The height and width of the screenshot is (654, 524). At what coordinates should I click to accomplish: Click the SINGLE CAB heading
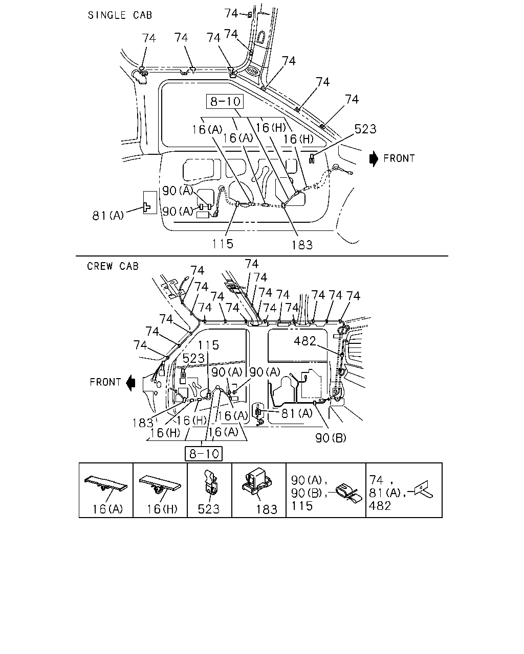click(x=120, y=15)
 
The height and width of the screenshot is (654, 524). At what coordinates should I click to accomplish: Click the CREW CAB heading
click(x=113, y=266)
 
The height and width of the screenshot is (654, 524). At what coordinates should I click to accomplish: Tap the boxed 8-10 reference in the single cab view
click(x=225, y=101)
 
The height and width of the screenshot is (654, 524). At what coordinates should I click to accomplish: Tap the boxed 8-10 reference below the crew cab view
click(x=204, y=454)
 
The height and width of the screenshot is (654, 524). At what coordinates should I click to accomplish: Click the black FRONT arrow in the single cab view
click(x=374, y=158)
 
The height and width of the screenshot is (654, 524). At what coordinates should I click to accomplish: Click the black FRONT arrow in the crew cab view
click(x=131, y=383)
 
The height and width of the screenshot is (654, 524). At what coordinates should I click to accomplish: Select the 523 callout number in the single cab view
click(x=365, y=129)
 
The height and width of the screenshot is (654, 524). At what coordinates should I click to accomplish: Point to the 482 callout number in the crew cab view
click(x=305, y=341)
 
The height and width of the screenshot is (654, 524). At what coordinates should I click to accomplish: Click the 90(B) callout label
click(x=331, y=438)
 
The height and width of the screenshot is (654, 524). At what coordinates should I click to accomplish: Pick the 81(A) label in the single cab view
click(x=108, y=216)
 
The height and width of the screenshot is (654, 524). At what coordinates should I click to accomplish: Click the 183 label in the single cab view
click(x=302, y=245)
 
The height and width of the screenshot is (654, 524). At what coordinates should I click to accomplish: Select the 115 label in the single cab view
click(x=223, y=244)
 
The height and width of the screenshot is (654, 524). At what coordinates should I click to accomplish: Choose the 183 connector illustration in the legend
click(x=256, y=481)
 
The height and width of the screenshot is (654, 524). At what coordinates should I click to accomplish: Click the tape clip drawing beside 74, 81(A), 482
click(x=422, y=489)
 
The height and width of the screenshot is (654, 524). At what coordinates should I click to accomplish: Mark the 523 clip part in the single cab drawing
click(x=312, y=158)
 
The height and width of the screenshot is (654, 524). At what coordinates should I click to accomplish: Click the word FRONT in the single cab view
click(x=399, y=158)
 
